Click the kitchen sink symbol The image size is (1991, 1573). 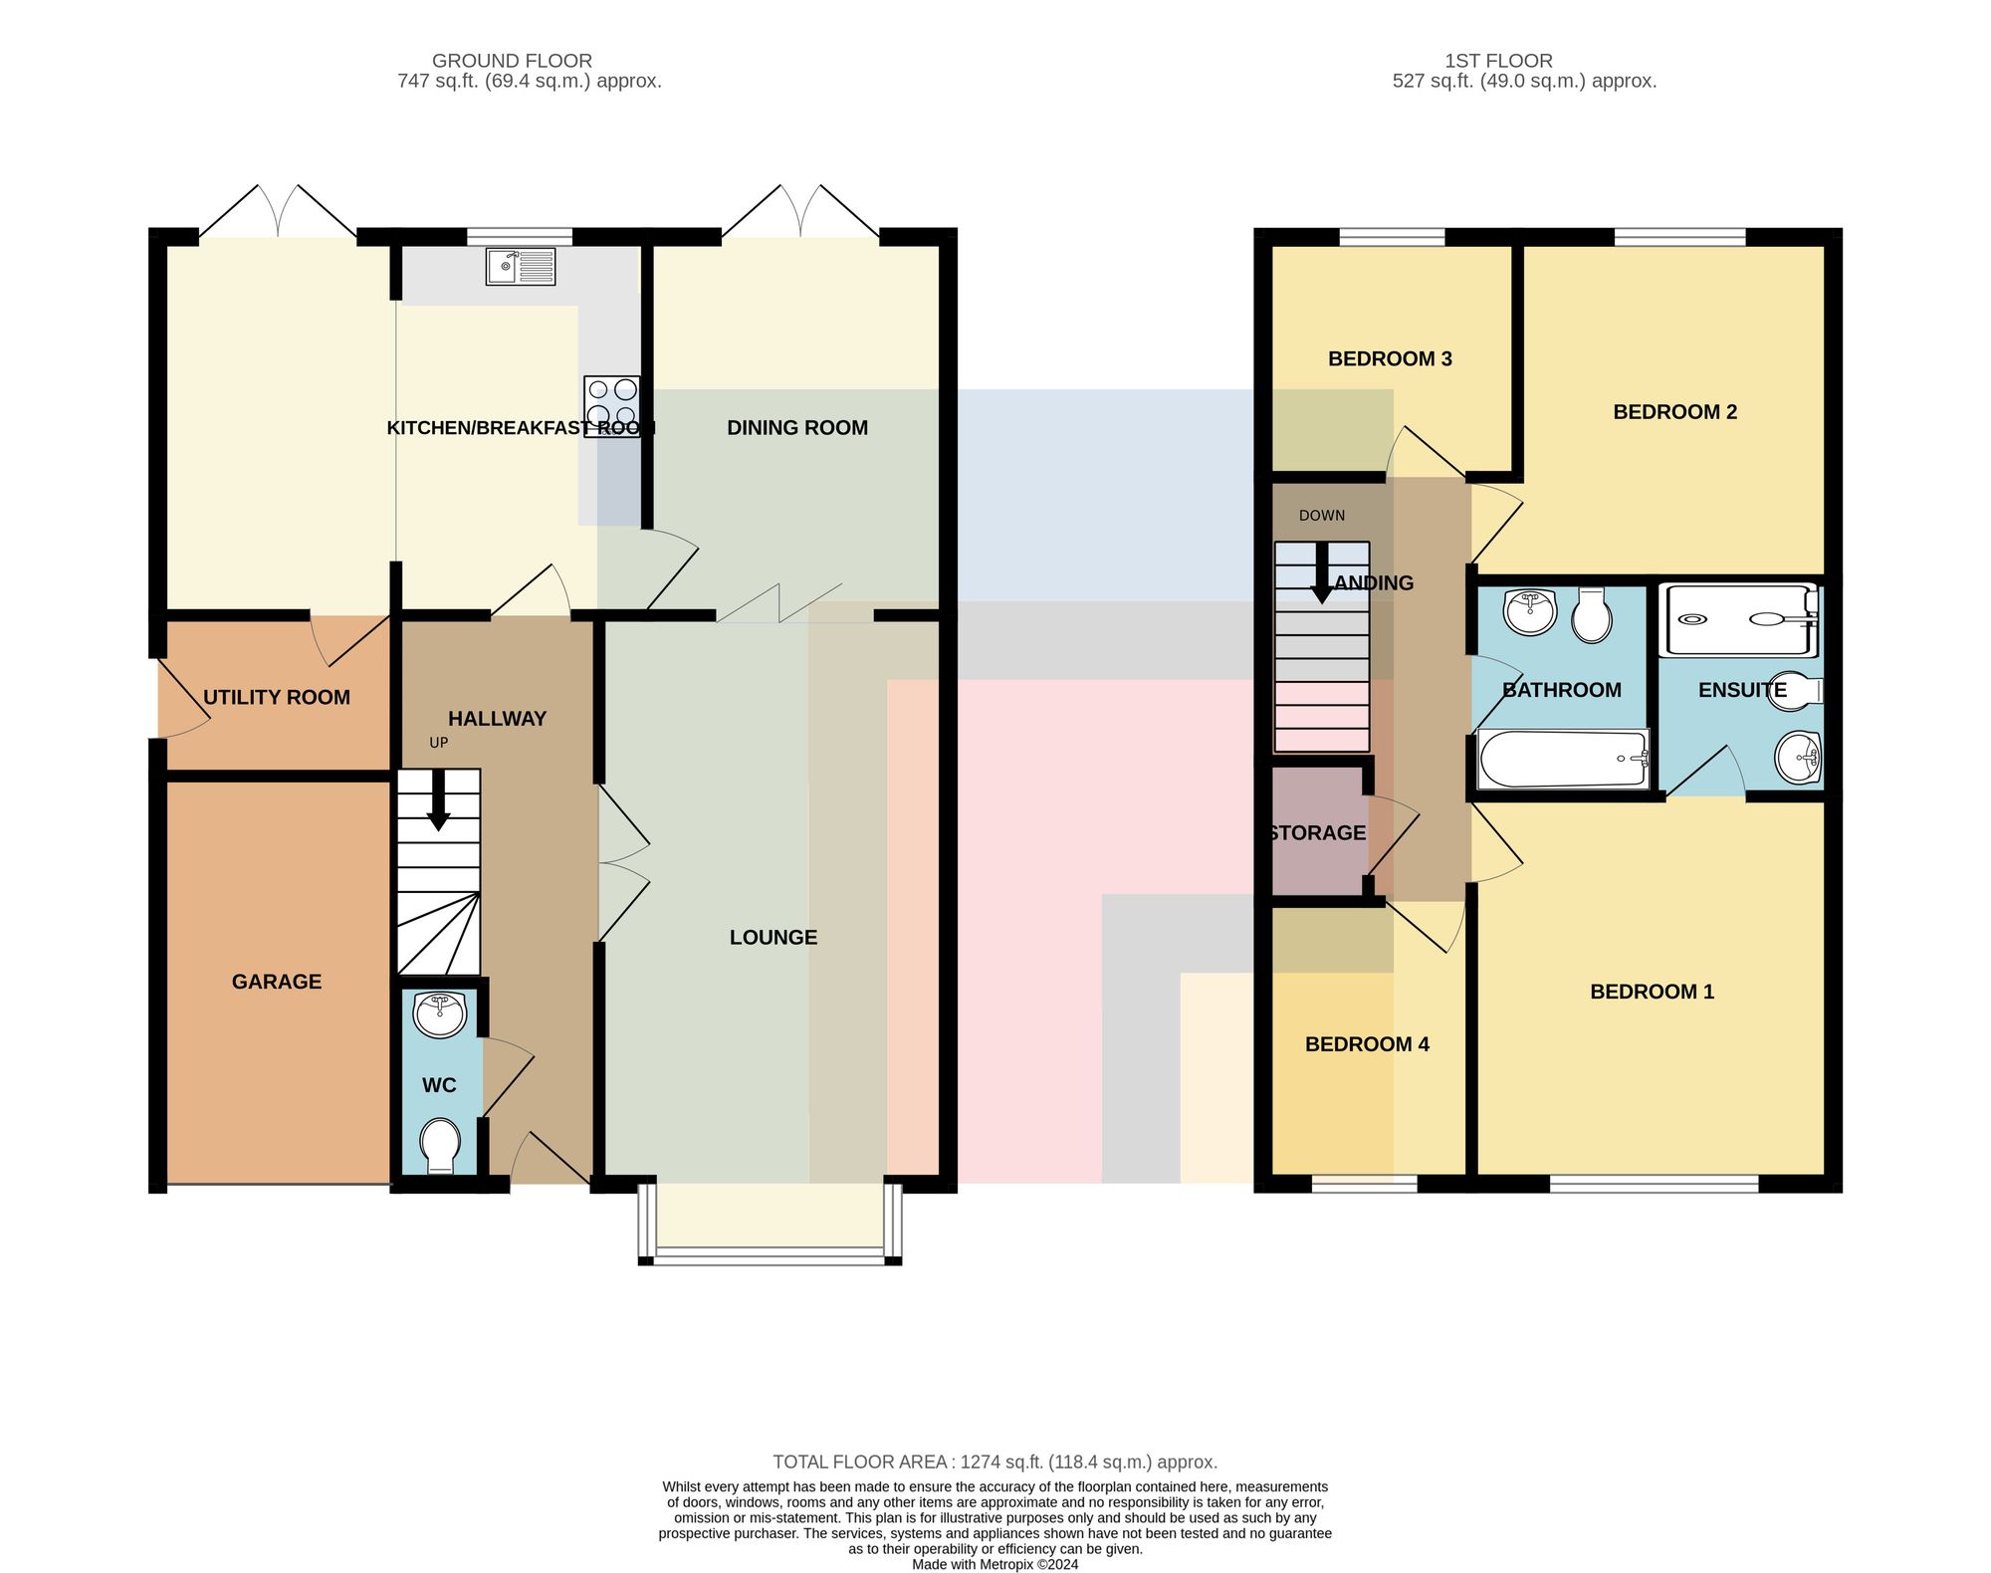click(x=521, y=267)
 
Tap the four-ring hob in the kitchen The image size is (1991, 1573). click(x=611, y=406)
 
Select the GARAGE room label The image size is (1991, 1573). click(x=277, y=982)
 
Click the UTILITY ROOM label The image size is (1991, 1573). click(x=277, y=697)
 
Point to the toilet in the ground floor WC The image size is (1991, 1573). click(x=439, y=1146)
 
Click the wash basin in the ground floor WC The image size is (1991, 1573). click(x=439, y=1013)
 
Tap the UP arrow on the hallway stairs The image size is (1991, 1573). click(x=438, y=802)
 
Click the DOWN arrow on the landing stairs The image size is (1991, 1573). click(x=1322, y=573)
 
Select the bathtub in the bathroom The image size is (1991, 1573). click(x=1564, y=760)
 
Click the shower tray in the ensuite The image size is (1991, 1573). click(x=1739, y=620)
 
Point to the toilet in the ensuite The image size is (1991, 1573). click(x=1795, y=692)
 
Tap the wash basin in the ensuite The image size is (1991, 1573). click(x=1798, y=758)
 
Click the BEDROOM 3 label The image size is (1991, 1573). click(x=1390, y=358)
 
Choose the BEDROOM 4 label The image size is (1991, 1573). click(x=1367, y=1044)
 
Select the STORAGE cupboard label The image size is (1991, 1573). click(x=1317, y=833)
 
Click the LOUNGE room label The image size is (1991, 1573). click(x=774, y=937)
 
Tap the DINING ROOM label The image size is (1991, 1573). click(x=797, y=428)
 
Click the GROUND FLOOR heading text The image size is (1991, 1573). click(x=512, y=61)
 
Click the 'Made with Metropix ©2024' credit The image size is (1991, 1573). click(x=995, y=1564)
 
